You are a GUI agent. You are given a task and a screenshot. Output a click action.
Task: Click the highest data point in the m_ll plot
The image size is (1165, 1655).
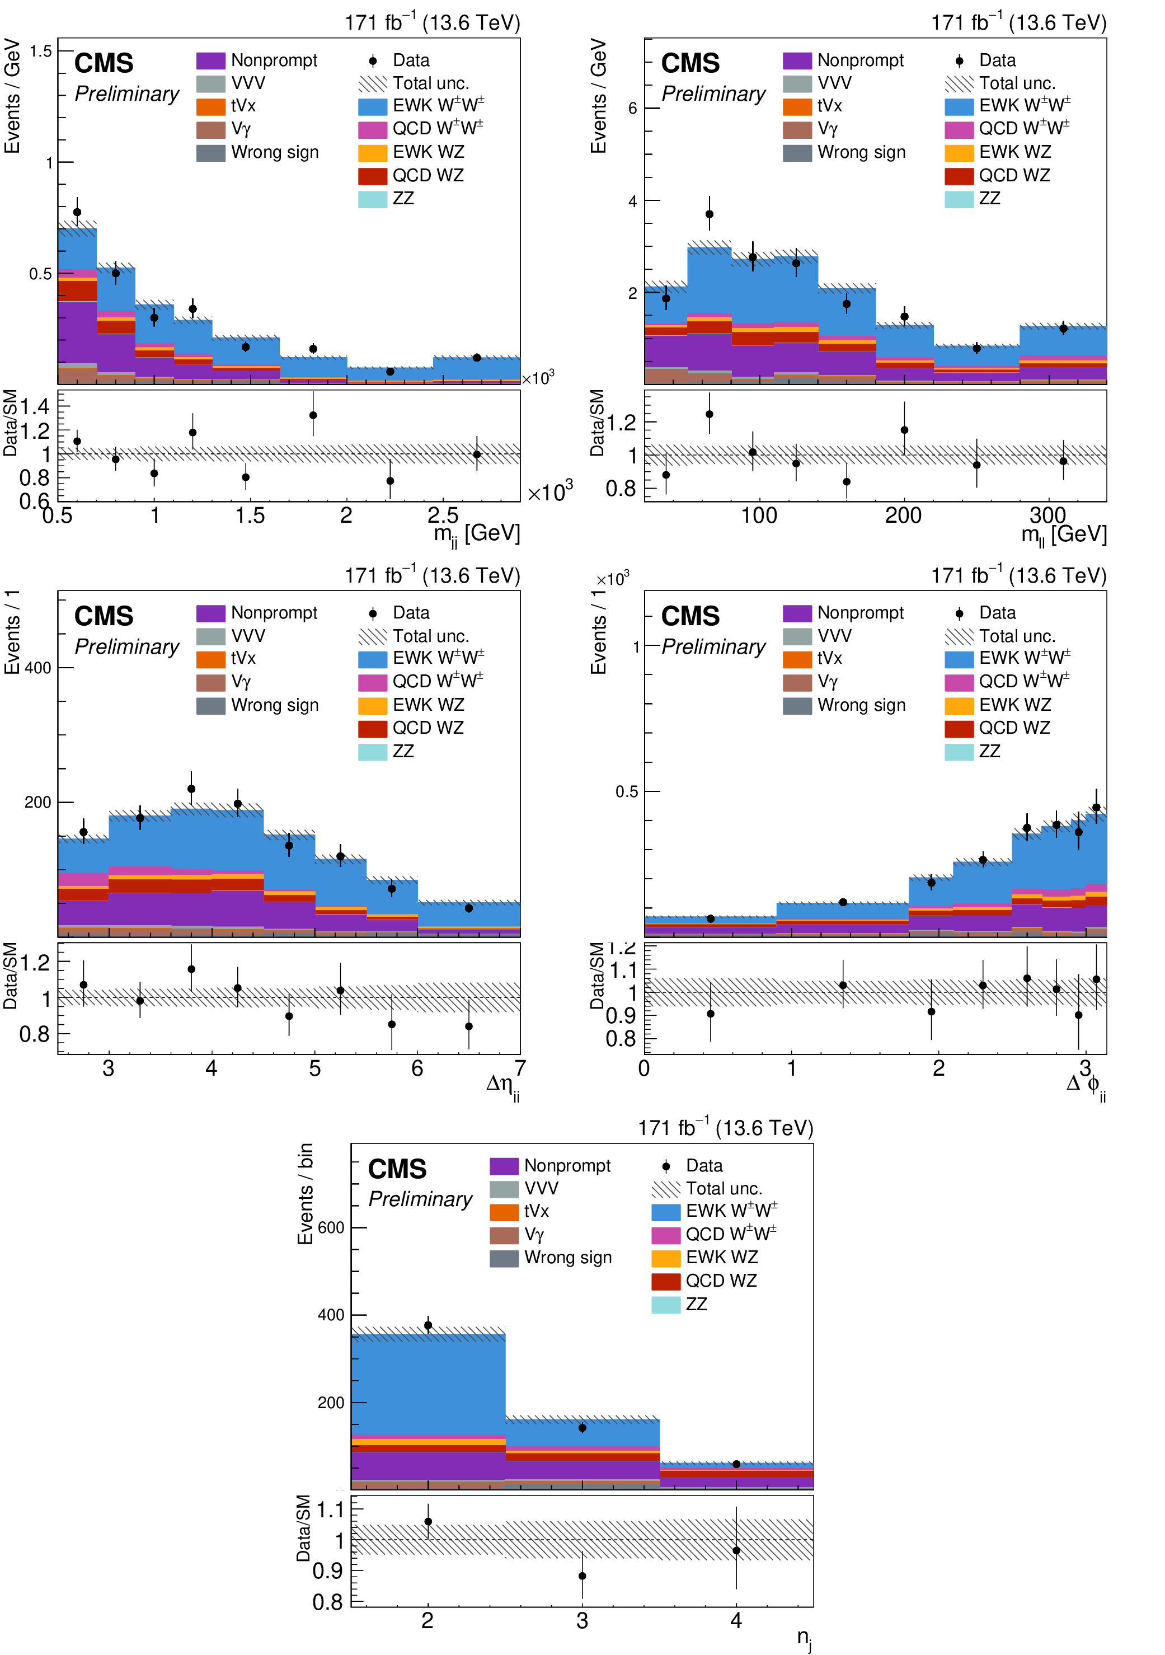(x=709, y=214)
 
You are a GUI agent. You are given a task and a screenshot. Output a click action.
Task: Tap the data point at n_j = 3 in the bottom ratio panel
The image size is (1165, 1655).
(x=582, y=1576)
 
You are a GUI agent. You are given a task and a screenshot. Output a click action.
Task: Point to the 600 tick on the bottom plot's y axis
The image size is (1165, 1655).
(x=331, y=1227)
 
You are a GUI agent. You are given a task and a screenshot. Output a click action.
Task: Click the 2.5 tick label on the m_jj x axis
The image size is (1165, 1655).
(x=443, y=515)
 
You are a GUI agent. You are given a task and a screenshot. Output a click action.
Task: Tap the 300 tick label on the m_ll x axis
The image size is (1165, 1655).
(x=1047, y=515)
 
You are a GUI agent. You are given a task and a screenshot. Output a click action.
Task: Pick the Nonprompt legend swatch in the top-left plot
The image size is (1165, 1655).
(x=210, y=60)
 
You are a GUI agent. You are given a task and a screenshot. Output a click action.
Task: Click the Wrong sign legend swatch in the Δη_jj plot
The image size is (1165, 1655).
(x=210, y=706)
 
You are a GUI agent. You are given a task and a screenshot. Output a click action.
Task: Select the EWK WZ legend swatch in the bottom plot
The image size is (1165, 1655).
(x=666, y=1258)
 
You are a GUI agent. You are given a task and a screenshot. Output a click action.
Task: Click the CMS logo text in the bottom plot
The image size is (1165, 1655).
(x=397, y=1169)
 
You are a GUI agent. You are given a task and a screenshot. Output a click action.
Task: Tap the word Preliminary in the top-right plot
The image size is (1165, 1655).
(x=713, y=95)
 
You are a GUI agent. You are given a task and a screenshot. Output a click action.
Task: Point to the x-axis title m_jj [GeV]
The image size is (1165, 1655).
(x=476, y=534)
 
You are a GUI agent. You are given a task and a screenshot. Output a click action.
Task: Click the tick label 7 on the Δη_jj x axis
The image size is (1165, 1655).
(x=519, y=1067)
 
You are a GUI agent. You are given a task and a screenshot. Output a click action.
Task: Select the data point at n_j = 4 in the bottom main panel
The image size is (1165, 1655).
(x=736, y=1465)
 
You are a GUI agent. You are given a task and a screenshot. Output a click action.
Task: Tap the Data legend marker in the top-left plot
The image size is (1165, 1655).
(x=373, y=61)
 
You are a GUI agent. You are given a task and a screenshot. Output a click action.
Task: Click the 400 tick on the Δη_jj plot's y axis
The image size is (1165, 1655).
(x=38, y=668)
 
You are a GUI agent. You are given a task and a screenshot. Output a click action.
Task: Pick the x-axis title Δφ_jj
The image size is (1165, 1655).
(x=1085, y=1084)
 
